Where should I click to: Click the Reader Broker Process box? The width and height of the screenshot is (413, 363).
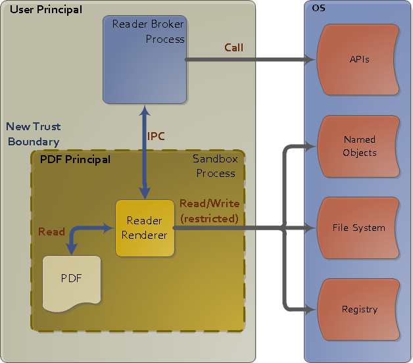(144, 59)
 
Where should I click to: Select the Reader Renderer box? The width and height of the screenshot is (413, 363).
(145, 228)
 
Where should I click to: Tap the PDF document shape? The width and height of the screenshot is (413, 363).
(72, 279)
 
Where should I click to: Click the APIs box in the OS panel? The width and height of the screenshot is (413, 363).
(359, 59)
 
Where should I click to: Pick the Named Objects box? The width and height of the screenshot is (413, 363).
(359, 146)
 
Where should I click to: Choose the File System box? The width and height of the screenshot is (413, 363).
(359, 228)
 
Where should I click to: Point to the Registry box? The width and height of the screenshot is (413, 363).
(359, 309)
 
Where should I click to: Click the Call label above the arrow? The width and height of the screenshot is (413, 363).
(233, 47)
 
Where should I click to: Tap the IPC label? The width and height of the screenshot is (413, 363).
(156, 136)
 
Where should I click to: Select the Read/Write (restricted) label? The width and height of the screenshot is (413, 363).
(209, 210)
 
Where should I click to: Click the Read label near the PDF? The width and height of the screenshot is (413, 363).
(51, 231)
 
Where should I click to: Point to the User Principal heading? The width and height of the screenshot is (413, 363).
(46, 9)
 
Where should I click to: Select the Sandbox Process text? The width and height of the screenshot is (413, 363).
(214, 166)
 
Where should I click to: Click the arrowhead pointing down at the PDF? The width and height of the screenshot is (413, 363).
(72, 249)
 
